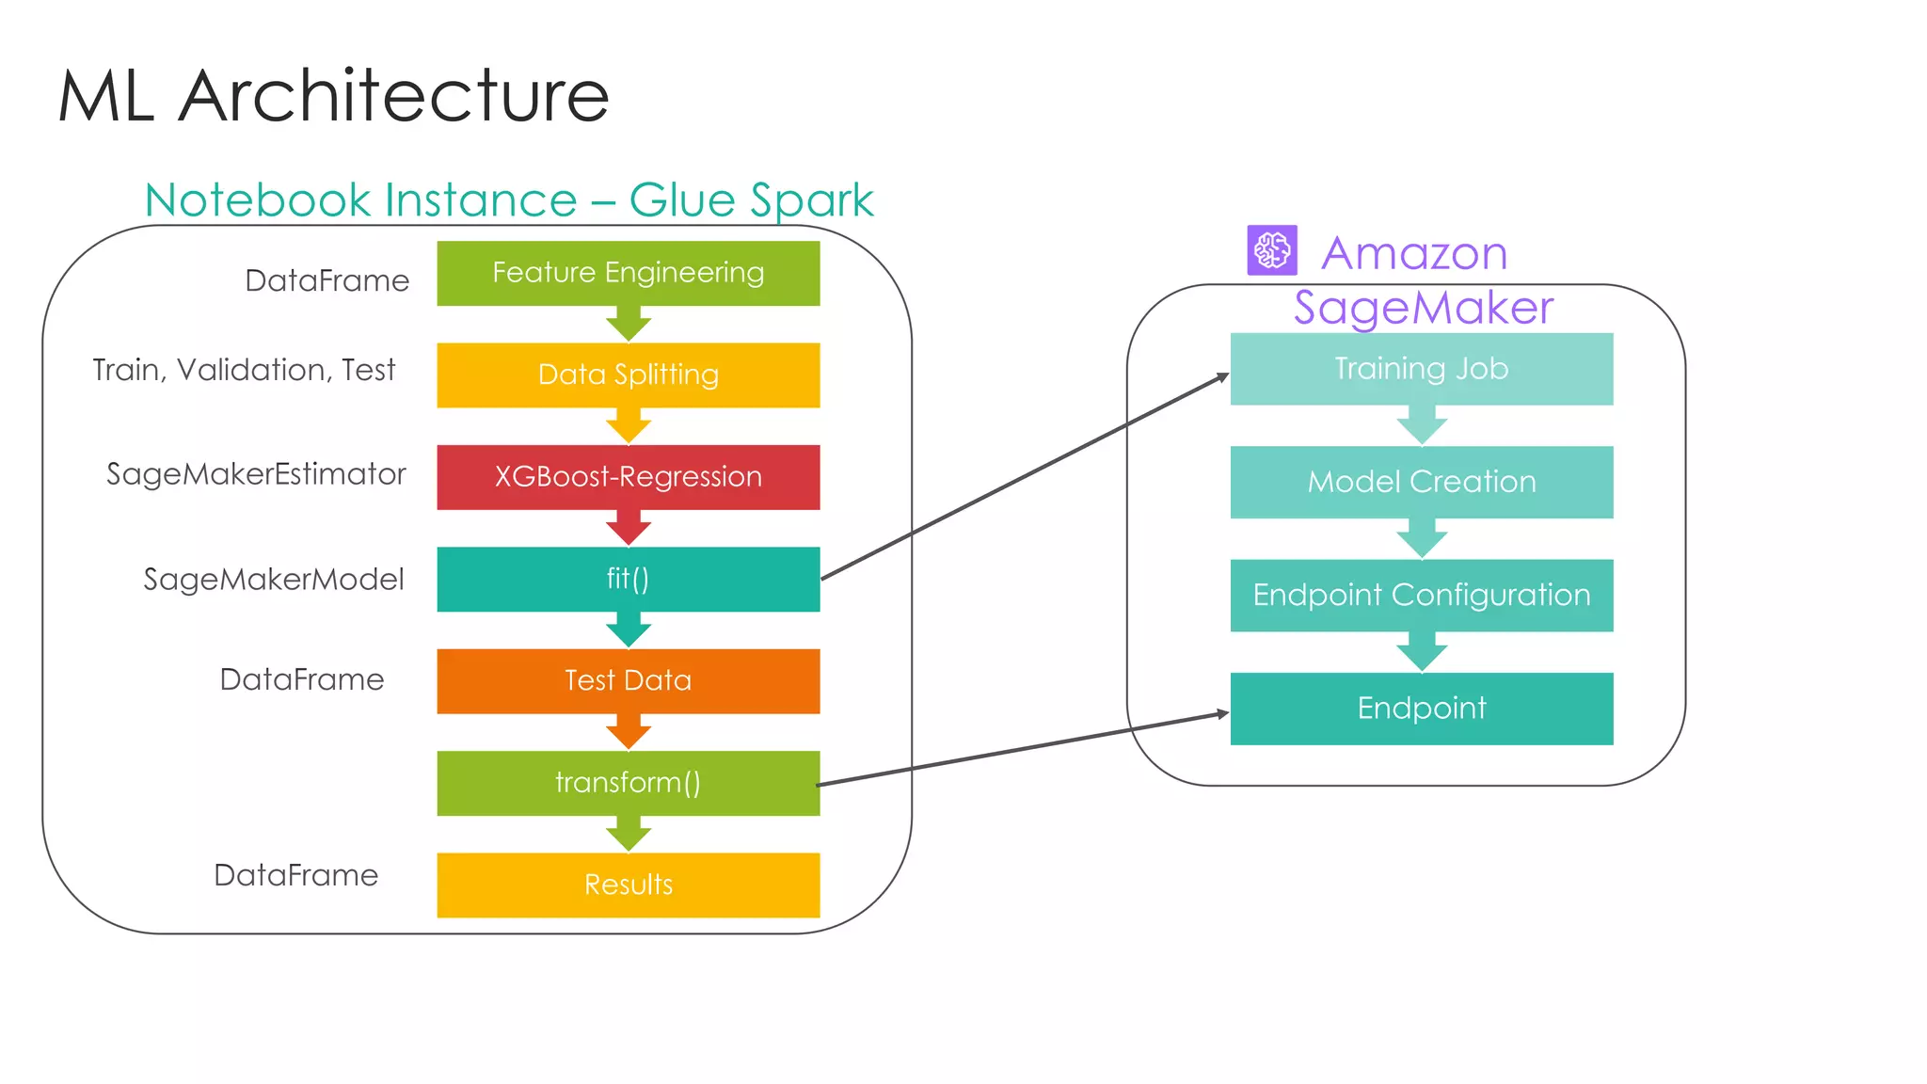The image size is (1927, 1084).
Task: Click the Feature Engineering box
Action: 628,273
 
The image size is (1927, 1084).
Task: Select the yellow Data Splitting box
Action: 628,375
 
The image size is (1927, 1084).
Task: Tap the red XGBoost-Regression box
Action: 628,477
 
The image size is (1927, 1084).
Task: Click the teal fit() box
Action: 628,579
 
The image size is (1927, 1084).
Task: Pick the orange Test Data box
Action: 628,680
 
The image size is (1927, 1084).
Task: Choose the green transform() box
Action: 628,783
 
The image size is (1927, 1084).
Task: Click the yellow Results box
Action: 628,885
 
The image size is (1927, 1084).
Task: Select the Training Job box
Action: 1421,369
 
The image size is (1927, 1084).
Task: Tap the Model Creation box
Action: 1421,482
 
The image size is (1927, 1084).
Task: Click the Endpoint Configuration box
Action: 1421,595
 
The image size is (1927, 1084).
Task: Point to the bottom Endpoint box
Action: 1421,709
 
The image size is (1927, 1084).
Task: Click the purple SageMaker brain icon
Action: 1272,250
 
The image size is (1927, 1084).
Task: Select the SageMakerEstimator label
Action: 256,474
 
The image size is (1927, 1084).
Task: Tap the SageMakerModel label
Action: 273,580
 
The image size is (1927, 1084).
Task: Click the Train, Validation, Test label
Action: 244,370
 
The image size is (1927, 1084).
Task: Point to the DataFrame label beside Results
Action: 295,875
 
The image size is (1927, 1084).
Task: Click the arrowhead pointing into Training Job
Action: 1222,377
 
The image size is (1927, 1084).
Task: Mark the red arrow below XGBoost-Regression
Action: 629,529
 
